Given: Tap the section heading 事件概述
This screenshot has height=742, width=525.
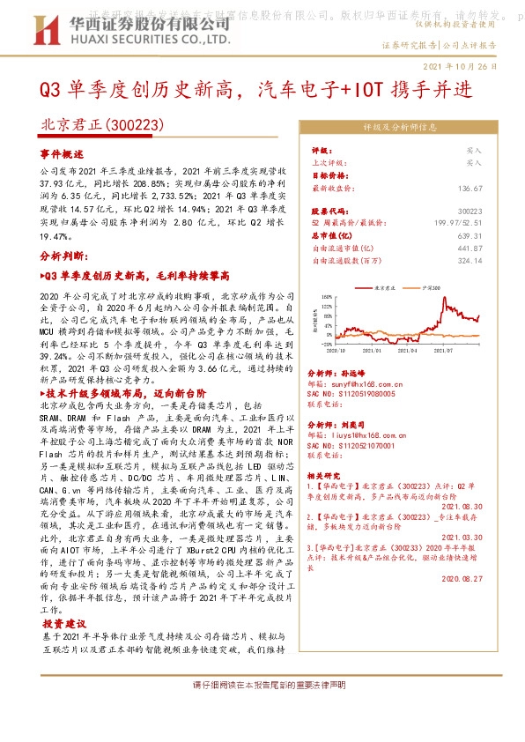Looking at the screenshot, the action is coord(60,152).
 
